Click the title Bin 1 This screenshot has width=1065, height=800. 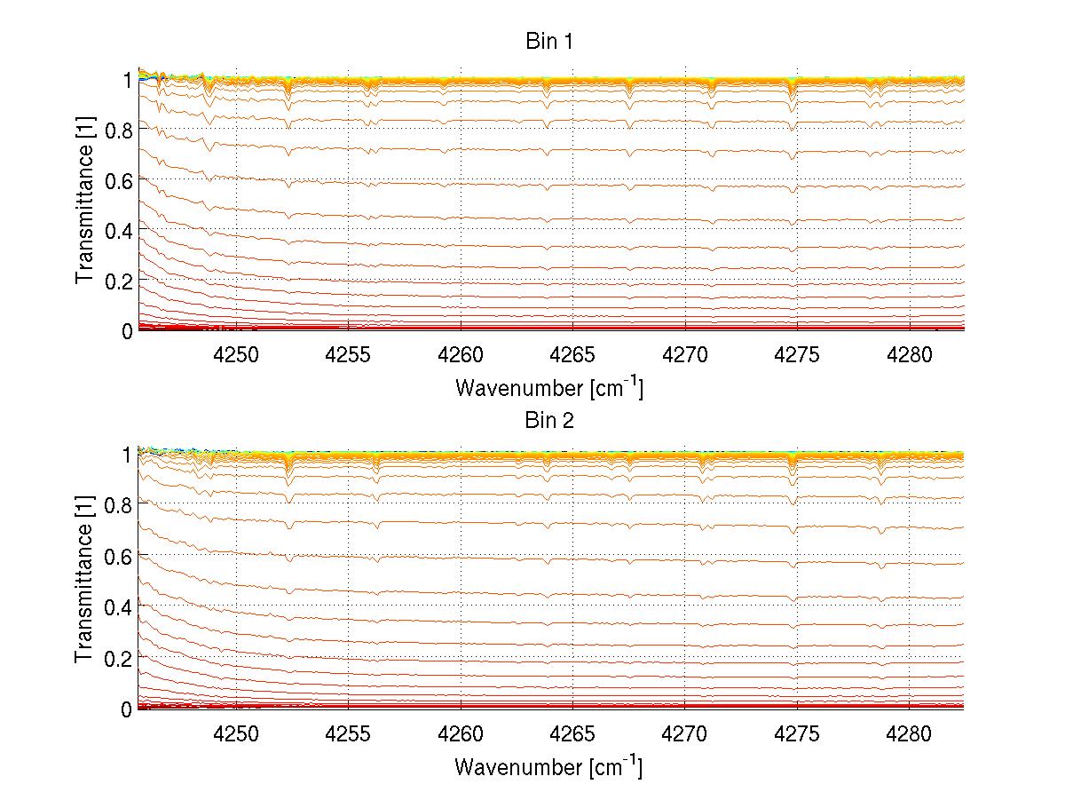pos(550,42)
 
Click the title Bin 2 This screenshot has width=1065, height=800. pos(550,420)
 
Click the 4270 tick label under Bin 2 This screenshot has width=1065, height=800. pos(685,734)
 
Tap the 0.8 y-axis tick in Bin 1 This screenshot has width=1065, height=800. pos(119,129)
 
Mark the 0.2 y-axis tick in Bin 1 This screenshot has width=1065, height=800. pos(119,280)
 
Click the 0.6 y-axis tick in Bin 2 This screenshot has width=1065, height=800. pos(119,557)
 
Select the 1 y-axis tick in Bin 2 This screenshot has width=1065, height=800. pos(127,455)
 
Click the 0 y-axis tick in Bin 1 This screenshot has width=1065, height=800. pos(127,330)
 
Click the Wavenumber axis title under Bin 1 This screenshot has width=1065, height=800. pos(549,387)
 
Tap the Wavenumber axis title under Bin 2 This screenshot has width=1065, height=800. pos(549,765)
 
